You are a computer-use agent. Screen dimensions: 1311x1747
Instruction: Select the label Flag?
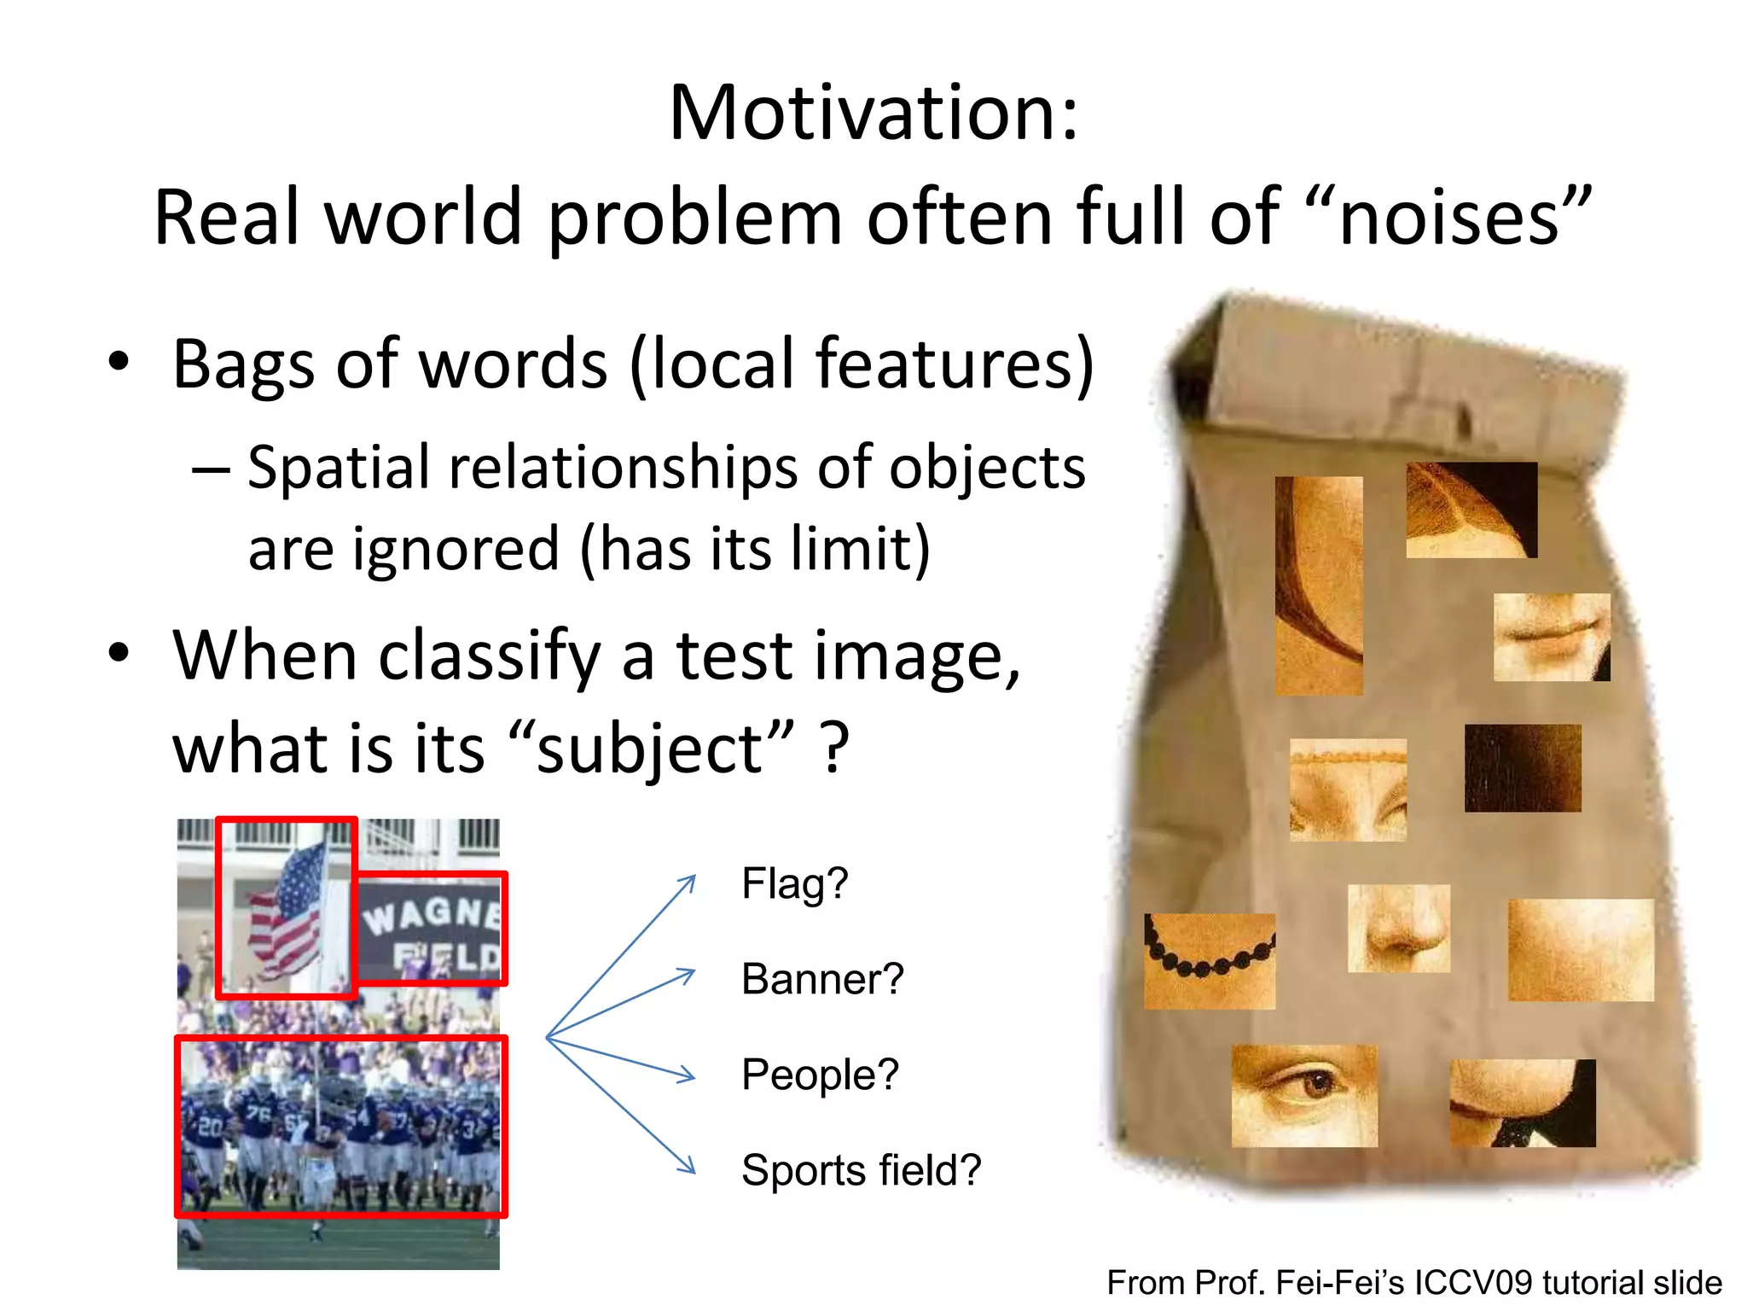click(x=794, y=883)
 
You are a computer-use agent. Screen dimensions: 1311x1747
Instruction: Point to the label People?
click(x=820, y=1075)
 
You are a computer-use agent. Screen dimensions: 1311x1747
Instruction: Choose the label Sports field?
click(x=861, y=1170)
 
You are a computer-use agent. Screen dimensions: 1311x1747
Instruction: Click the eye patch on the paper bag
click(x=1303, y=1096)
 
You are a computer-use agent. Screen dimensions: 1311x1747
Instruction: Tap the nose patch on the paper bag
click(x=1398, y=929)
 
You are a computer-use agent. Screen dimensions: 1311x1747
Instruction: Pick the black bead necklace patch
click(x=1210, y=961)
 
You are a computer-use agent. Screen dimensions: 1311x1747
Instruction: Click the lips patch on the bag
click(x=1551, y=638)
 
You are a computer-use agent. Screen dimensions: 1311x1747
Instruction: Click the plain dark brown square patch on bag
click(x=1523, y=768)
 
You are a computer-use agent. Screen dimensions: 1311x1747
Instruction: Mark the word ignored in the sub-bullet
click(x=456, y=549)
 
